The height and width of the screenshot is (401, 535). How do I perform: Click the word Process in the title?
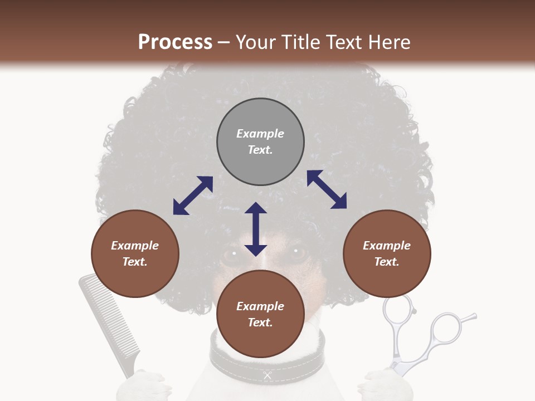(x=175, y=42)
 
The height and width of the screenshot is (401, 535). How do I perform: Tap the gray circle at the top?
(x=260, y=142)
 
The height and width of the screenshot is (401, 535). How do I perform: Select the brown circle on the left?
(x=135, y=254)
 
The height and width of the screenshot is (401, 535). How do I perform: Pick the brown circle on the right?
(x=387, y=254)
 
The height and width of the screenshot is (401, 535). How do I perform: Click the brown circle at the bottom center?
(x=260, y=314)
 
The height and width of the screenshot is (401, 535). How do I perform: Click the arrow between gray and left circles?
(x=193, y=195)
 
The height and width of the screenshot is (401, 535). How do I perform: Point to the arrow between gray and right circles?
(x=327, y=189)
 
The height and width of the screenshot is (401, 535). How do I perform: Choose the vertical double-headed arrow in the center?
(x=256, y=229)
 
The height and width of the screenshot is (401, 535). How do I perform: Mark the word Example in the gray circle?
(x=260, y=134)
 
